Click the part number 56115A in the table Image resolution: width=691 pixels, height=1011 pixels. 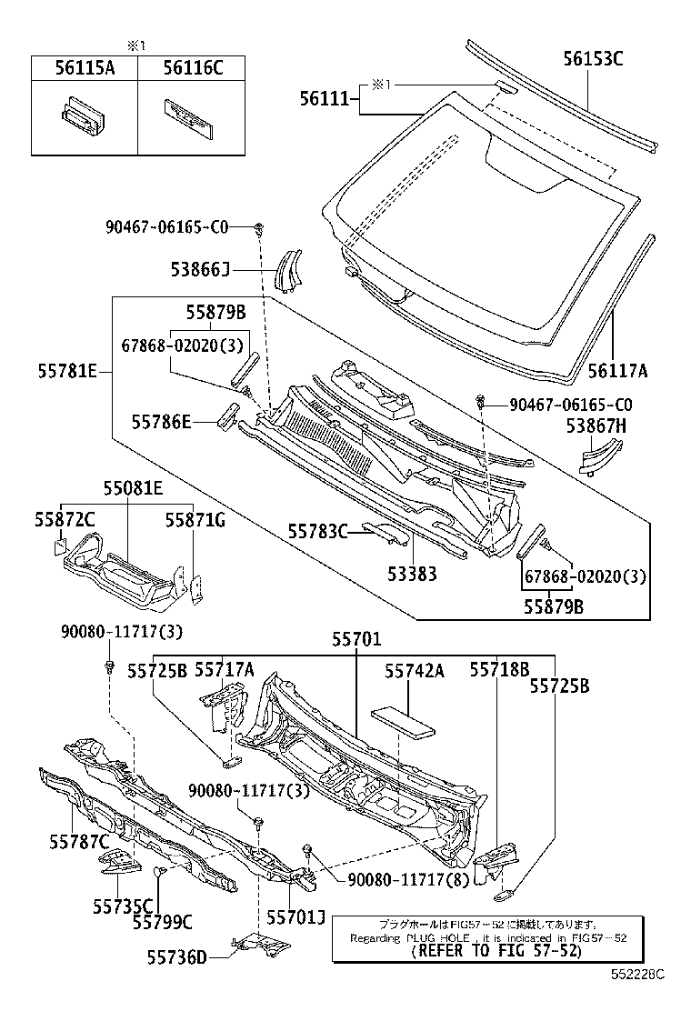(x=84, y=67)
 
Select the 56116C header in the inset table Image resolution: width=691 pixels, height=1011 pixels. (x=192, y=67)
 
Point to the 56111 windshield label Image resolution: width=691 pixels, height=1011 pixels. (x=325, y=98)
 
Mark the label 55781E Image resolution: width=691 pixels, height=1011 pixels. (x=69, y=371)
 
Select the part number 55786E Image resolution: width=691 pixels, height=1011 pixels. (x=162, y=421)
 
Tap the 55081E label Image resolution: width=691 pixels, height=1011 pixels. (x=133, y=488)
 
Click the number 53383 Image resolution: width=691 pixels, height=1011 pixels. (x=412, y=574)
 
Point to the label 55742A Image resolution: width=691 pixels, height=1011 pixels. (x=414, y=671)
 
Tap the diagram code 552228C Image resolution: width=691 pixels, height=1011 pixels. (x=637, y=998)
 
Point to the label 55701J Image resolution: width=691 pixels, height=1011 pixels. (x=295, y=918)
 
